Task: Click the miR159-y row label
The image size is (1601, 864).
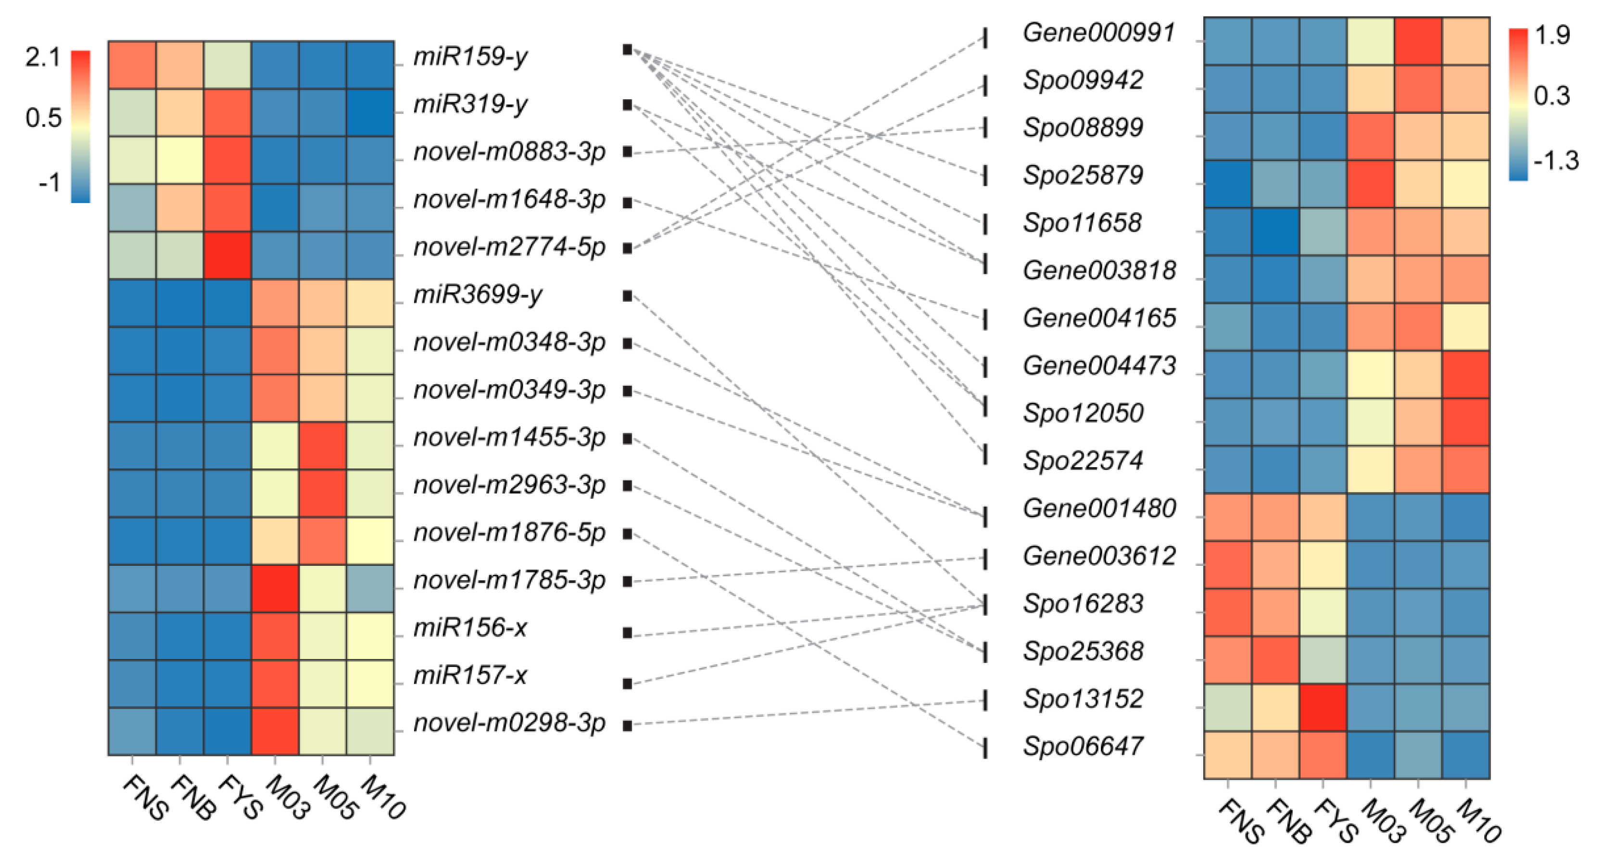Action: coord(470,57)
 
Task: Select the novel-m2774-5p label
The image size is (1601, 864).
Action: coord(509,247)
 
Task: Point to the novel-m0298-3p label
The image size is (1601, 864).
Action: coord(509,723)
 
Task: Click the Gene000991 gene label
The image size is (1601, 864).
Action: coord(1099,32)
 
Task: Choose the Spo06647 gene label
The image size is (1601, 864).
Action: coord(1083,746)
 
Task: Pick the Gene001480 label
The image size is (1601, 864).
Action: coord(1099,508)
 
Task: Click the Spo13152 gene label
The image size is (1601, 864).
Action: coord(1083,699)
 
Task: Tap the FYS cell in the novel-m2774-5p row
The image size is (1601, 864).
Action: coord(227,255)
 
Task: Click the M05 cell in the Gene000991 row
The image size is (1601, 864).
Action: coord(1418,41)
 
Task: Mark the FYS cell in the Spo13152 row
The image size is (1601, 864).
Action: coord(1323,707)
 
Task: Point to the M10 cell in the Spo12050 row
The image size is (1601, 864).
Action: coord(1465,421)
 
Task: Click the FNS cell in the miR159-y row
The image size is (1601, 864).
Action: coord(132,64)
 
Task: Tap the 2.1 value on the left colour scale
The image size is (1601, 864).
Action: coord(42,57)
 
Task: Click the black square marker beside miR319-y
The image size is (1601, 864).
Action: coord(627,105)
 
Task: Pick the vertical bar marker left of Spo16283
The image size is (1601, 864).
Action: coord(985,605)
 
